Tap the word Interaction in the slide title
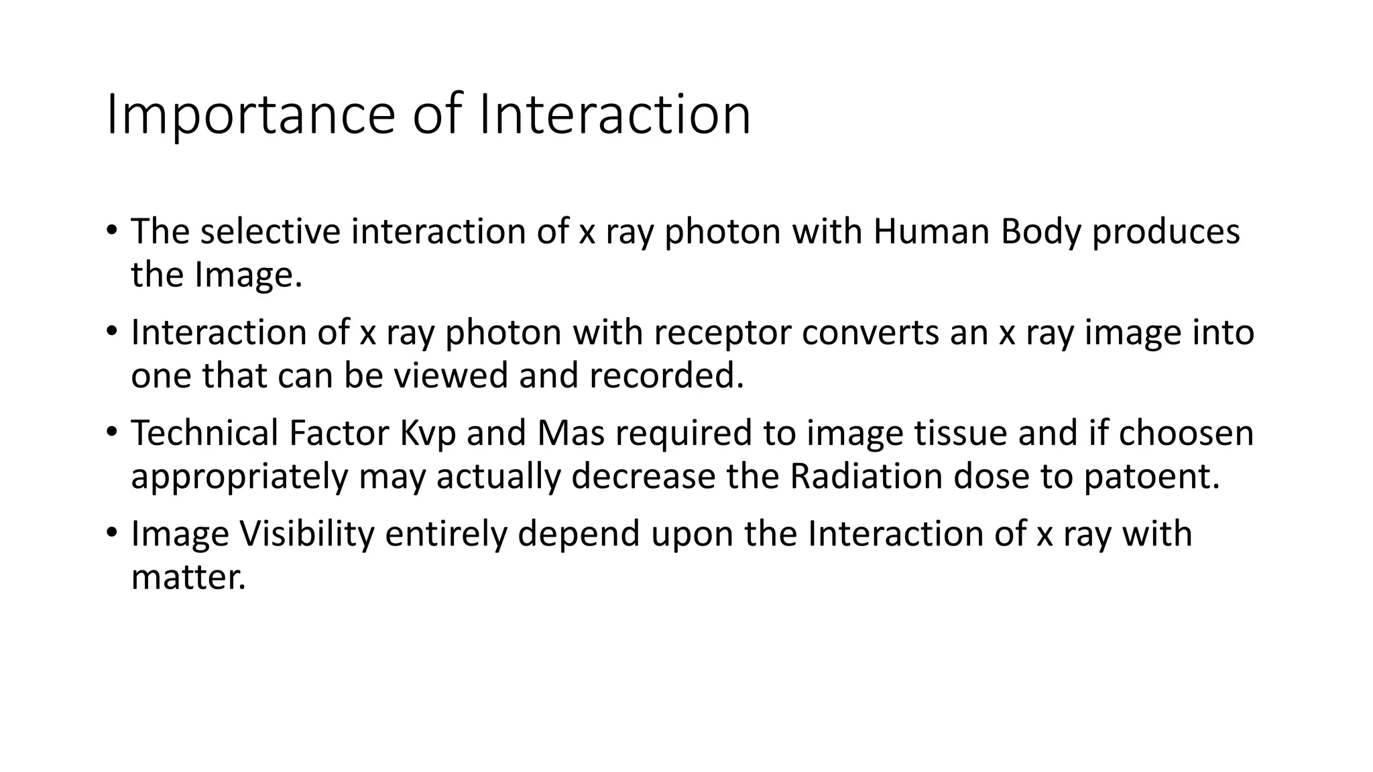[615, 115]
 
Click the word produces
[1166, 233]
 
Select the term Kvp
[428, 434]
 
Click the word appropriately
[239, 477]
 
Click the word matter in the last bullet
[188, 577]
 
